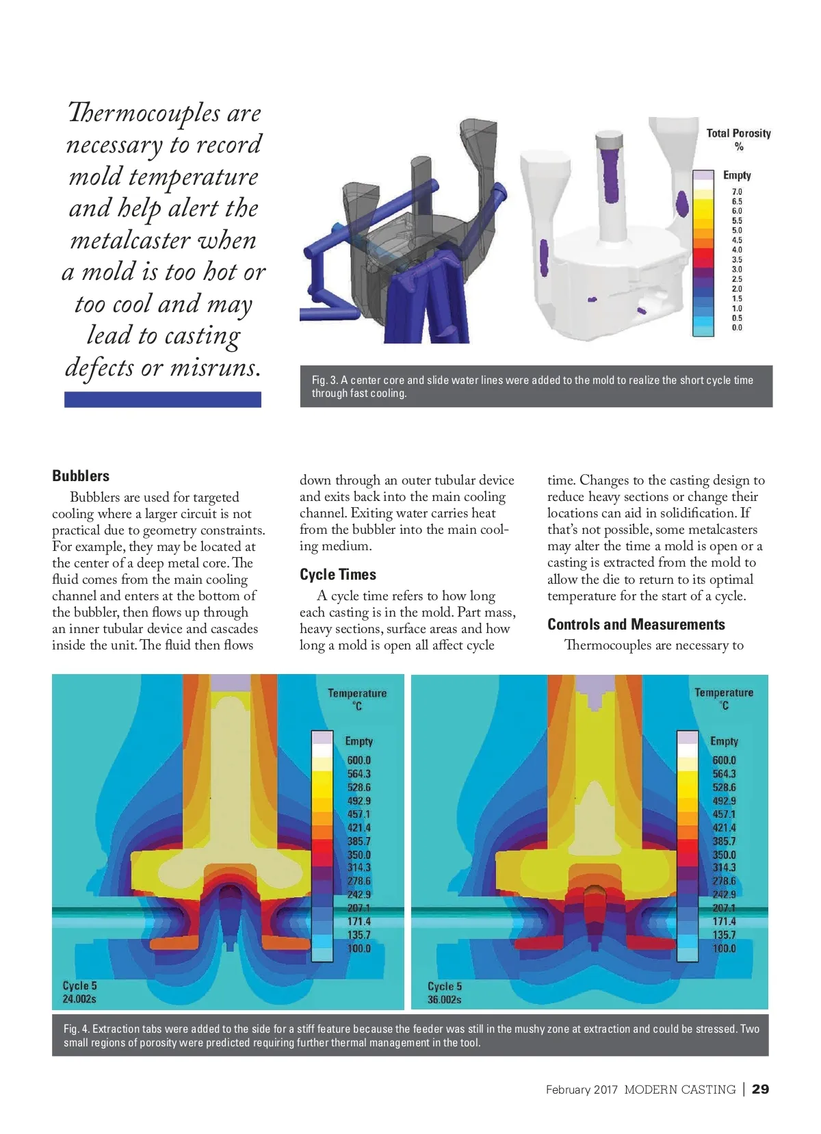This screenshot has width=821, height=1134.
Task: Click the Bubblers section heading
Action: pos(81,476)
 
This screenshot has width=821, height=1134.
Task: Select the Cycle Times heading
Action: pos(338,574)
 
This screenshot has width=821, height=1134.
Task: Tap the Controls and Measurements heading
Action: pos(636,624)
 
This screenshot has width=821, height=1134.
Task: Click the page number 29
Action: pos(760,1089)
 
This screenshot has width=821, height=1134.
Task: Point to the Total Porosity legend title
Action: pos(738,133)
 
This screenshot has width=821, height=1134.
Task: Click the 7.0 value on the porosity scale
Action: pos(737,192)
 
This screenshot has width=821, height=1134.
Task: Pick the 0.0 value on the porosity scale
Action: pos(737,328)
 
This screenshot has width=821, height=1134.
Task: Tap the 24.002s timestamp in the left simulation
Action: pos(79,999)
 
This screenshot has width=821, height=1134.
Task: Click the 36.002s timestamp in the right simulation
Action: pos(445,1000)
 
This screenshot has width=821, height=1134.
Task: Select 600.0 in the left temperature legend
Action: pos(359,760)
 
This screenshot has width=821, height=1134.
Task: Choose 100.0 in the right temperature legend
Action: pos(724,949)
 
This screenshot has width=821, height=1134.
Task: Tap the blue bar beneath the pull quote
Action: pos(163,400)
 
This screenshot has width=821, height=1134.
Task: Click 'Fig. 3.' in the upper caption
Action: pos(324,380)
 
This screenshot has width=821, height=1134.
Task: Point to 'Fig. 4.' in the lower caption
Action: pos(76,1029)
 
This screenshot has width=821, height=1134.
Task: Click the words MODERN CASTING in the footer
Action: pos(679,1090)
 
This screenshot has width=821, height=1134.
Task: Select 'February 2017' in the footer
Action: pos(582,1090)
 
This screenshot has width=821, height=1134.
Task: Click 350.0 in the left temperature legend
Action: pos(359,855)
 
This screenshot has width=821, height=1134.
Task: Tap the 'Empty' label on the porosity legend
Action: pos(737,175)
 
